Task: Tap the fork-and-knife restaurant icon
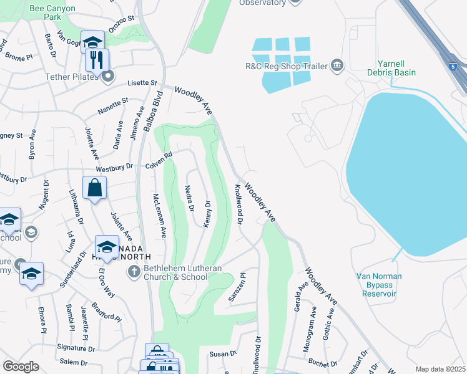[97, 60]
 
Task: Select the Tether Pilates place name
[72, 77]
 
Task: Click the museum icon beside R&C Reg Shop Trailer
[337, 65]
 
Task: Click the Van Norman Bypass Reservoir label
[379, 284]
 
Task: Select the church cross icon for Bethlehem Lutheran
[133, 271]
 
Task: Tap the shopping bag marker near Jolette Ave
[94, 188]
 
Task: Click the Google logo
[21, 367]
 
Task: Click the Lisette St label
[143, 82]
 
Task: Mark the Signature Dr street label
[75, 348]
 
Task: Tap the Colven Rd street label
[159, 161]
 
